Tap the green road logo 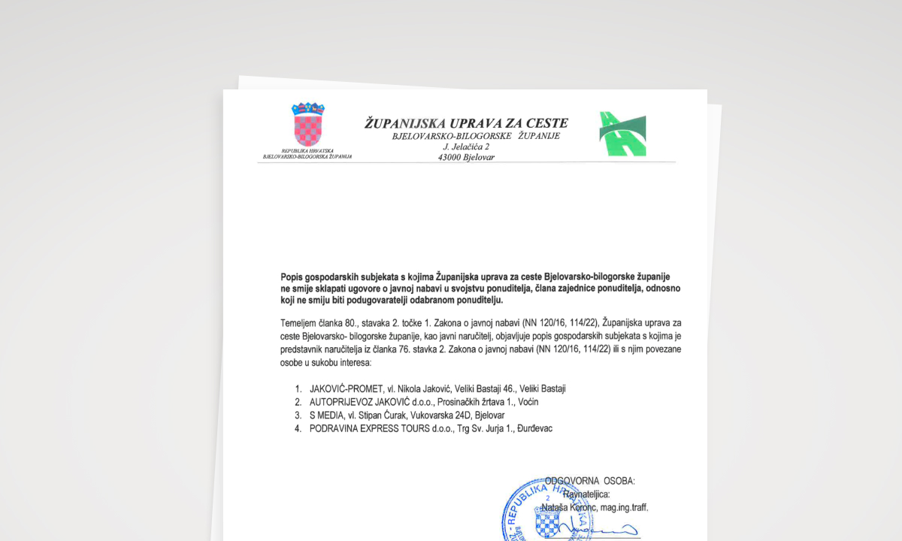pyautogui.click(x=622, y=134)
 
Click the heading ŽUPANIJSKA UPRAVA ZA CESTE pyautogui.click(x=466, y=123)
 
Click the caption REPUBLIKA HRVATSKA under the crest pyautogui.click(x=307, y=151)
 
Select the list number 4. pyautogui.click(x=298, y=428)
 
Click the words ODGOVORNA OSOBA pyautogui.click(x=590, y=480)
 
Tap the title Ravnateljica pyautogui.click(x=586, y=494)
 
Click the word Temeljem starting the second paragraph pyautogui.click(x=299, y=322)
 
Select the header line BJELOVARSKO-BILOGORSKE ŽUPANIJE pyautogui.click(x=476, y=136)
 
